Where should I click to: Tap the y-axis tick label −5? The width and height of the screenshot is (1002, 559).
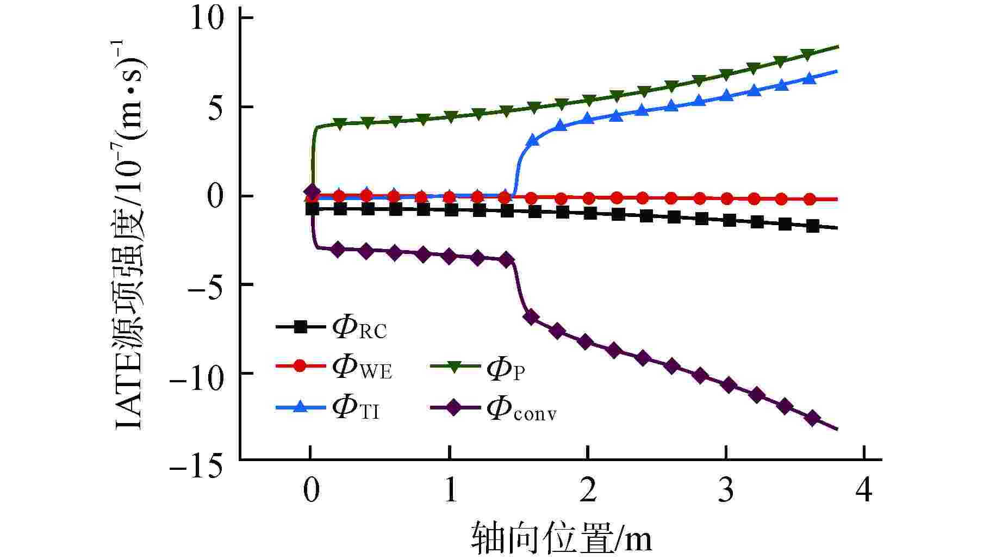click(205, 285)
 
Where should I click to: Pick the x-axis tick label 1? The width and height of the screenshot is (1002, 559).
click(450, 490)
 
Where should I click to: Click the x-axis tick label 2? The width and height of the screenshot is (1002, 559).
click(588, 490)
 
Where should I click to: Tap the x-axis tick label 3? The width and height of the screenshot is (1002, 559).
click(726, 490)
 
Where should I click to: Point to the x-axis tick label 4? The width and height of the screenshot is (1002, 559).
click(864, 490)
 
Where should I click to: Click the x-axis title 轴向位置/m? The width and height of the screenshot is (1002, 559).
click(561, 538)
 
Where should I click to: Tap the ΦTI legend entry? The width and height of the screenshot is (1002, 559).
click(328, 408)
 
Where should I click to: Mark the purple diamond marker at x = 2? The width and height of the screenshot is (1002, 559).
click(586, 342)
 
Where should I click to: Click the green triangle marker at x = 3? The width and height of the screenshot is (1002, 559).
click(726, 74)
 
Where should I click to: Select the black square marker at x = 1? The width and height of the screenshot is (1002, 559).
click(451, 209)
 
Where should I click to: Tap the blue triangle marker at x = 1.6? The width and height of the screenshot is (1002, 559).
click(533, 140)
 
